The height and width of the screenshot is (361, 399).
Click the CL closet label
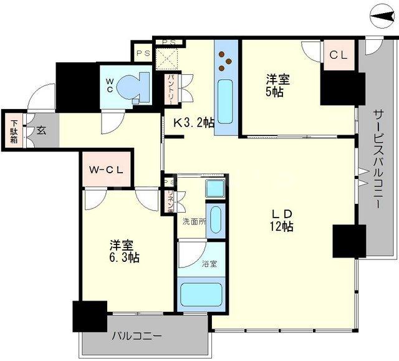[338, 55]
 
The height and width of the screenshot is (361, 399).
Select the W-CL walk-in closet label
[105, 169]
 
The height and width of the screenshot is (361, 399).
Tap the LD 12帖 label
[282, 219]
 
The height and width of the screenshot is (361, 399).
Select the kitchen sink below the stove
[225, 100]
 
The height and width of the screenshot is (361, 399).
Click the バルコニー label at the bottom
[137, 337]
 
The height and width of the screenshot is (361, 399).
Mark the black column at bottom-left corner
[90, 316]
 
